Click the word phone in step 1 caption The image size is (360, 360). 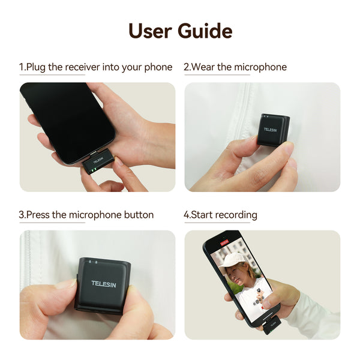point(158,67)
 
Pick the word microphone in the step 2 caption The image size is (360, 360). point(260,67)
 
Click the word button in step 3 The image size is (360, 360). point(139,215)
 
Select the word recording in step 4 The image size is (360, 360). point(236,215)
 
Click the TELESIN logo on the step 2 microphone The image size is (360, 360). point(271,129)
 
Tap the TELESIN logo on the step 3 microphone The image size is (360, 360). point(103,283)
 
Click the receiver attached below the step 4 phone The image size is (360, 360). point(273,325)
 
